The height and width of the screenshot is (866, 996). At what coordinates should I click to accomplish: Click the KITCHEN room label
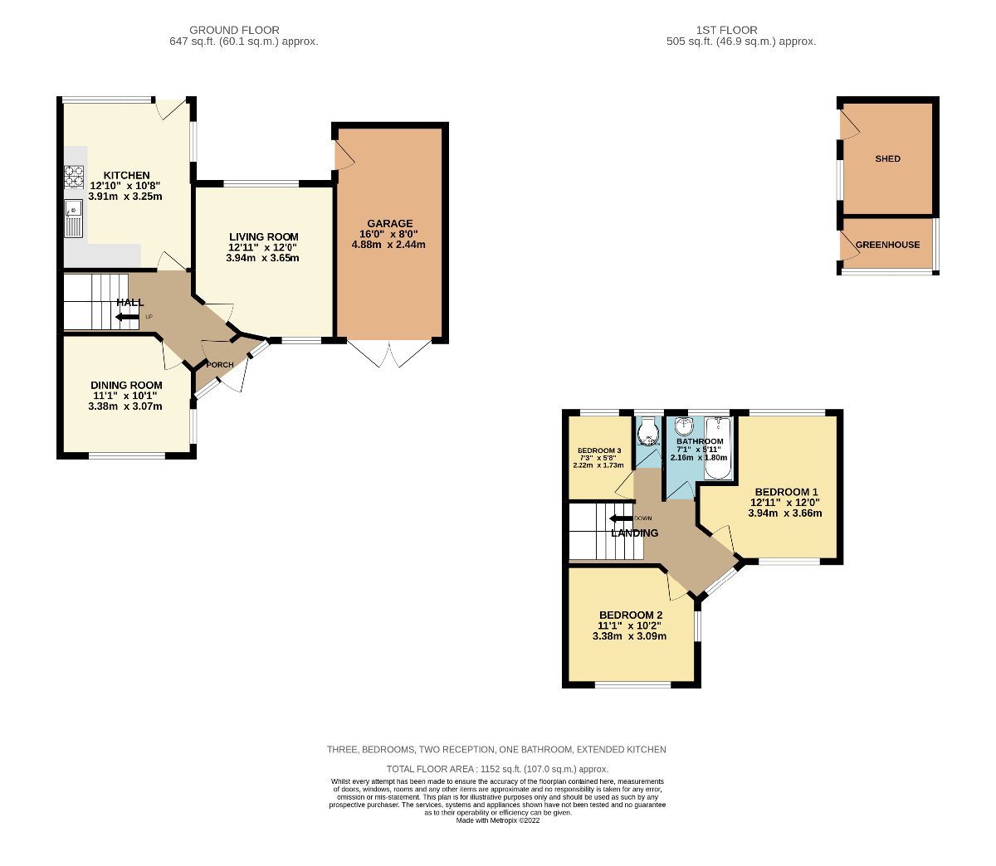tap(126, 175)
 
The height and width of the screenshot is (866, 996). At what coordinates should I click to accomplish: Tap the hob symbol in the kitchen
tap(75, 175)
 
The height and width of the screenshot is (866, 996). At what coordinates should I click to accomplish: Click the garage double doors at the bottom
tap(391, 353)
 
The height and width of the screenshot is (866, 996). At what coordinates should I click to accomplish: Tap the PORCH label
tap(219, 365)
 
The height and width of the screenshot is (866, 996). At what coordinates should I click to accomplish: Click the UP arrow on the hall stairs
tap(126, 317)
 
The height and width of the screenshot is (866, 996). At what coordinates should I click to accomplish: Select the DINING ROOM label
tap(126, 386)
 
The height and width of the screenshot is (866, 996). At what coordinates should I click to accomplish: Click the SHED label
tap(887, 158)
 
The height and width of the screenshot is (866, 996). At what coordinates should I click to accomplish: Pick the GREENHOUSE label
tap(887, 245)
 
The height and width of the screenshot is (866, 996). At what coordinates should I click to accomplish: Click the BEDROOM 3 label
tap(598, 450)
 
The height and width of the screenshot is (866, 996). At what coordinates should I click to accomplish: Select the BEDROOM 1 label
tap(785, 491)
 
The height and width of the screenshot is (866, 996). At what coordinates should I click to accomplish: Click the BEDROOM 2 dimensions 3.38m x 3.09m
tap(629, 637)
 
